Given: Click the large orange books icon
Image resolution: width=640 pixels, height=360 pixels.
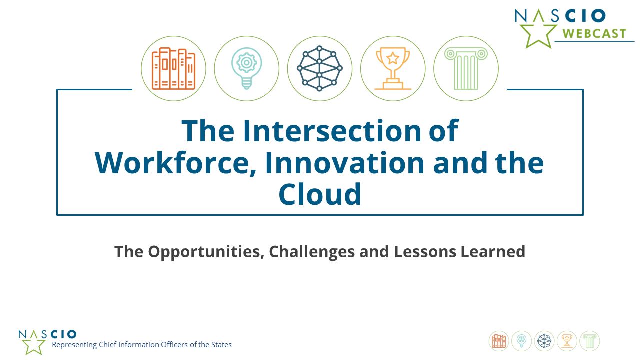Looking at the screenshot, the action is tap(173, 68).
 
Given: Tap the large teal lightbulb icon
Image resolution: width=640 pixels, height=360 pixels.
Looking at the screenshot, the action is tap(247, 68).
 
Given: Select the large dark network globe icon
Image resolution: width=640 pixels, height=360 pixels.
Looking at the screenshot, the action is tap(319, 68).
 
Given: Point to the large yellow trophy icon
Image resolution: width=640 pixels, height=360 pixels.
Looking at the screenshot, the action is tap(393, 68).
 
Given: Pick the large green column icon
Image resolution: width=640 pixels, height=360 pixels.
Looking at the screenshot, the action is tap(466, 68).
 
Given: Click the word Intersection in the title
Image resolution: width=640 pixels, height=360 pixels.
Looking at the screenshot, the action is tap(332, 131).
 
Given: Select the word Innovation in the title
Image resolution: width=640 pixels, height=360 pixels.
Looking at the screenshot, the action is tap(345, 163).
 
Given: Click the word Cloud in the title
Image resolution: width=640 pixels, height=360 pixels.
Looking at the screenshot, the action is tap(320, 194).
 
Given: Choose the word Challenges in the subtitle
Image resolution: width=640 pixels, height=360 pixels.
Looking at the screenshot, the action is tap(312, 252).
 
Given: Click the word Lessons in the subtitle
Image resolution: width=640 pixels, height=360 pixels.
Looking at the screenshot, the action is tap(425, 251).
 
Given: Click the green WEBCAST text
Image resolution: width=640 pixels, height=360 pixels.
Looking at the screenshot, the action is tap(594, 34).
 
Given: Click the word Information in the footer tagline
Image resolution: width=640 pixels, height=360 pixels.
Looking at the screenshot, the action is tap(139, 345).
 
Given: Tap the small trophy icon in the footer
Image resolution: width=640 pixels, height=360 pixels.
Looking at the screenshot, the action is tap(567, 341).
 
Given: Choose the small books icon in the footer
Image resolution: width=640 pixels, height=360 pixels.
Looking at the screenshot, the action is tap(499, 341).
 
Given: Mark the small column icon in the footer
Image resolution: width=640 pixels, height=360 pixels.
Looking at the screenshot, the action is tap(589, 341).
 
